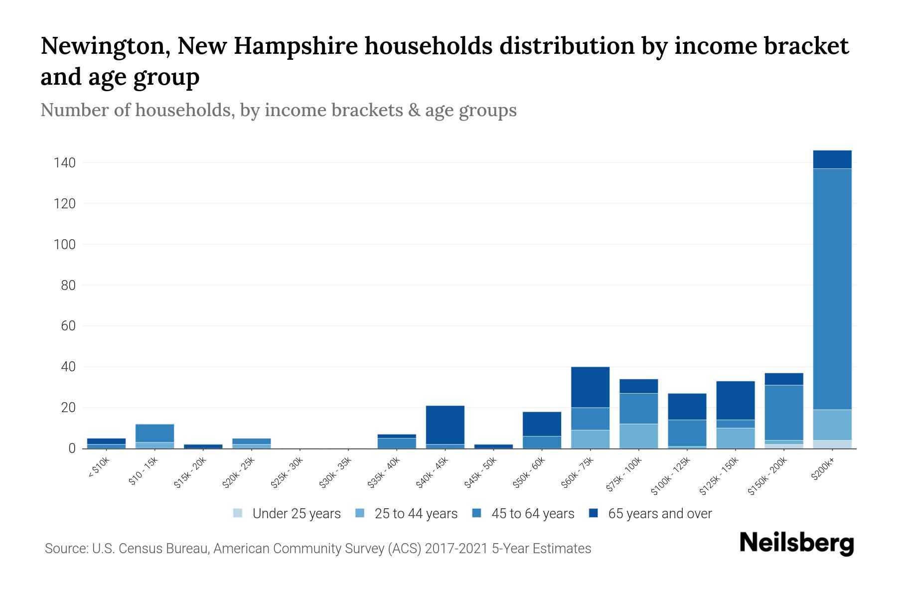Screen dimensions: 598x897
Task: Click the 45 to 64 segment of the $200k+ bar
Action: coord(832,289)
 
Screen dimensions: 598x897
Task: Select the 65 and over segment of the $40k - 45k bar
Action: coord(445,425)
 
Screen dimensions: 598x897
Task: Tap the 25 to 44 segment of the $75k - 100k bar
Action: coord(639,436)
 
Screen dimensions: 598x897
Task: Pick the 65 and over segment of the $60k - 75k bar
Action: coord(591,387)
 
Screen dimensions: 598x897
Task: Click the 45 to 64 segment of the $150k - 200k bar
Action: coord(784,413)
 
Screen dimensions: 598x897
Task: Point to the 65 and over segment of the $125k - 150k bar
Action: coord(736,400)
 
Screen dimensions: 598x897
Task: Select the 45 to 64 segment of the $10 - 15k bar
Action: coord(155,433)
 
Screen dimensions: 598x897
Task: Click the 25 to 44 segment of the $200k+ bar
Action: coord(832,425)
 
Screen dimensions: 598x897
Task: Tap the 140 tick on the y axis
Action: coord(65,163)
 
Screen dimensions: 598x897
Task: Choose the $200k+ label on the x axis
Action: coord(822,469)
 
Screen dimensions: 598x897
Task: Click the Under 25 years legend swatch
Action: coord(238,513)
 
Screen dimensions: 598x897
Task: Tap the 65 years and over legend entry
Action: coord(659,513)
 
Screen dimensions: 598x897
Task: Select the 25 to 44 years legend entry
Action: coord(416,513)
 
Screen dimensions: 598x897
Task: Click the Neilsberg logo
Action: coord(796,543)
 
